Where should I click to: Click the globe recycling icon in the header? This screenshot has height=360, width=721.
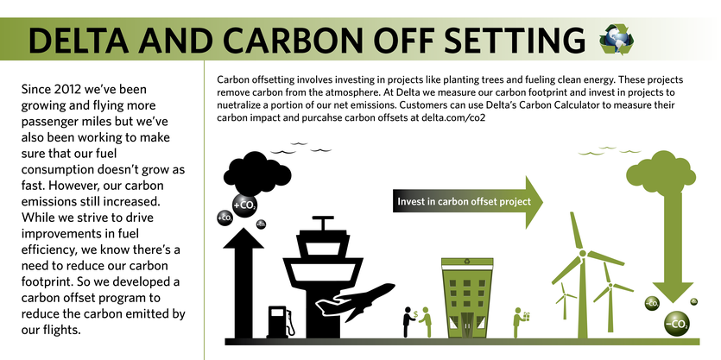[x=617, y=40]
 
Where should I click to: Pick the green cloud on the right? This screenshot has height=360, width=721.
[x=661, y=172]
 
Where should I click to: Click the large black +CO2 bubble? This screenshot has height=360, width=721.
[x=244, y=205]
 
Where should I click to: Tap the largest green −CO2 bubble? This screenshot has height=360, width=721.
[x=676, y=324]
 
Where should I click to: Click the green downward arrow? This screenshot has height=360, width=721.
[x=673, y=246]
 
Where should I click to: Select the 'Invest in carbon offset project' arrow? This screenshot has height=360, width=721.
[x=468, y=202]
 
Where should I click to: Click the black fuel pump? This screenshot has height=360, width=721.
[x=281, y=322]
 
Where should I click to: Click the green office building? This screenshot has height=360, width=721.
[x=467, y=298]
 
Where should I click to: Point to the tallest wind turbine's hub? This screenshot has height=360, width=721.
[x=583, y=253]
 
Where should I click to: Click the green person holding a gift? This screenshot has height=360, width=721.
[x=520, y=322]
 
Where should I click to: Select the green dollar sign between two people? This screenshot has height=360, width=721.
[x=415, y=314]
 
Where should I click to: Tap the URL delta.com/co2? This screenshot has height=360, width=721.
[x=453, y=117]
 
